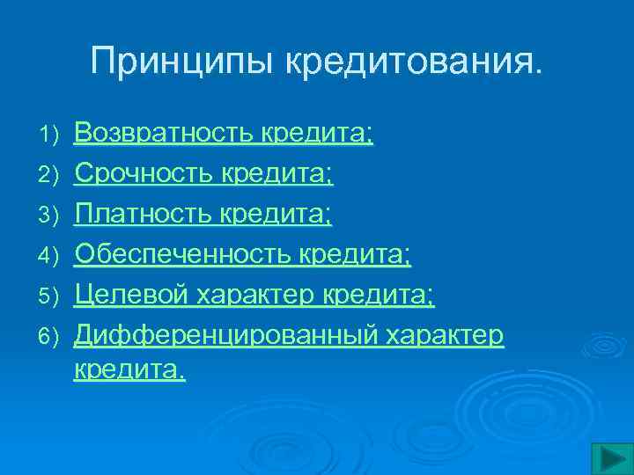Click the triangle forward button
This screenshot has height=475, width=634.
coord(607,457)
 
